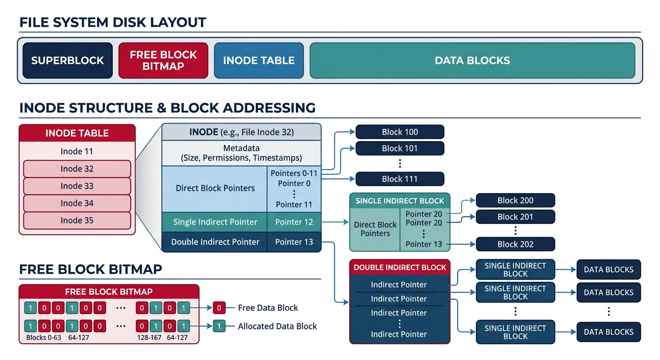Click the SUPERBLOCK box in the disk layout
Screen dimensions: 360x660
click(x=67, y=60)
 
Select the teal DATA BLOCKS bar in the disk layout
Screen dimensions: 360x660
click(x=472, y=60)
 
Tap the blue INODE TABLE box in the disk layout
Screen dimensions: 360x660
click(x=259, y=60)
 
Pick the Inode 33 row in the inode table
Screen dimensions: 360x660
click(x=77, y=186)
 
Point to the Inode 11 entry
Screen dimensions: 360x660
click(x=77, y=151)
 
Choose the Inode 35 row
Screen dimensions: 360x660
click(x=77, y=220)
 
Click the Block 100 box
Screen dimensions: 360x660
click(x=399, y=132)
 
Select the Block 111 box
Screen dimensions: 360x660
click(x=399, y=179)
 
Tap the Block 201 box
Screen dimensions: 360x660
click(x=515, y=217)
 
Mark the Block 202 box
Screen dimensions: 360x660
click(x=515, y=244)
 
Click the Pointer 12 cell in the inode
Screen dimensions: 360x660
click(x=294, y=222)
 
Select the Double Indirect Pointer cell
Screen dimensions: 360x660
click(x=215, y=242)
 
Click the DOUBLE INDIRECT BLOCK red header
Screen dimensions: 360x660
click(x=400, y=267)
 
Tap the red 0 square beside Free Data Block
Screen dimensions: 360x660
click(x=219, y=308)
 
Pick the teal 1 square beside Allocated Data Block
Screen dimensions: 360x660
click(x=219, y=326)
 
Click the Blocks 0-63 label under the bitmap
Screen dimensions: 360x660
click(x=44, y=337)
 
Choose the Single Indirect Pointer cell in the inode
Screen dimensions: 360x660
click(x=215, y=222)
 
